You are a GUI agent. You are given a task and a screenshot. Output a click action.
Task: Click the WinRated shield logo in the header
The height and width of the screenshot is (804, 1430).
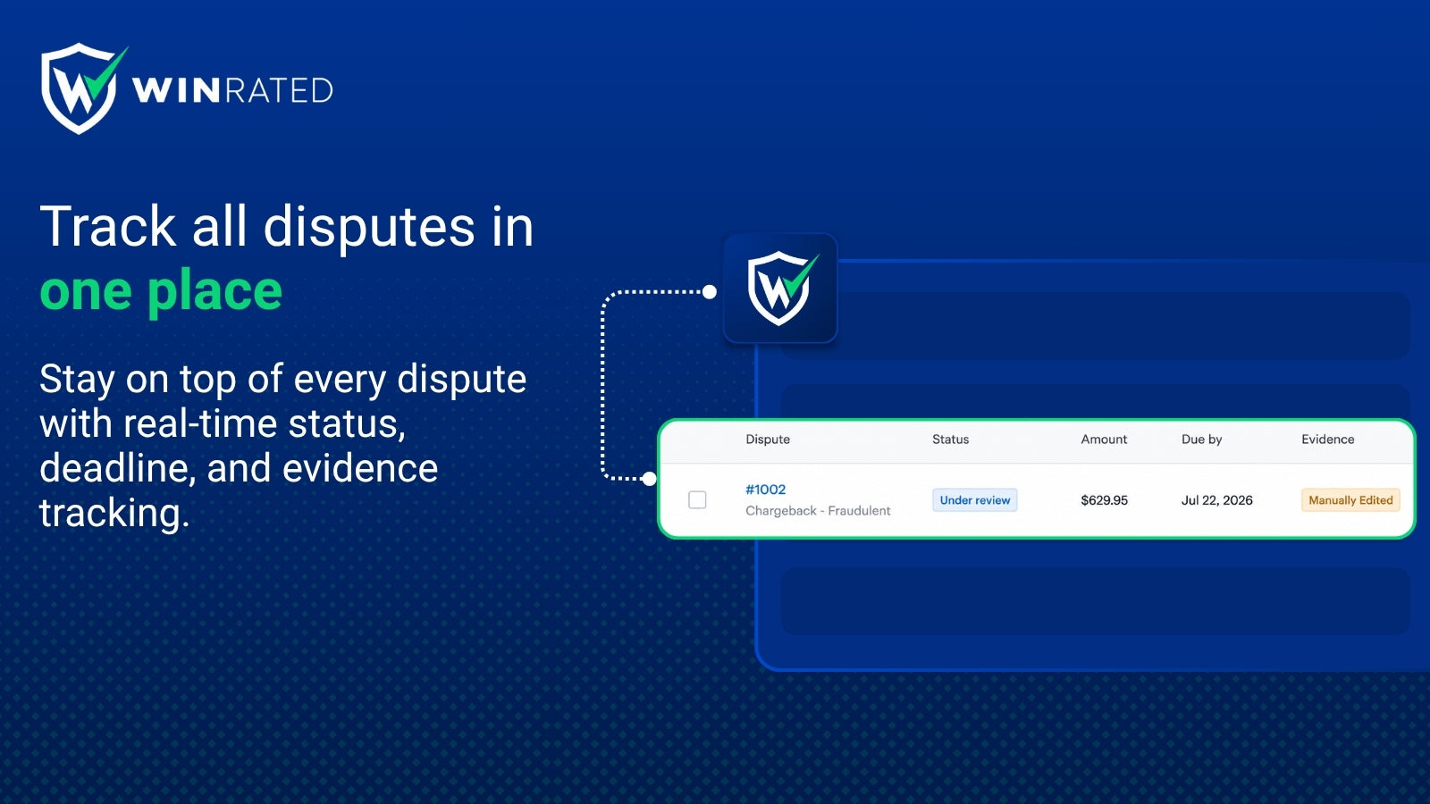pyautogui.click(x=81, y=88)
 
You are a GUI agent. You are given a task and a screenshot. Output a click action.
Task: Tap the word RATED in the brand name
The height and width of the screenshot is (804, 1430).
pyautogui.click(x=280, y=90)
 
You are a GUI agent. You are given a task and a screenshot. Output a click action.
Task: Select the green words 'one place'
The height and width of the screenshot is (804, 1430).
pyautogui.click(x=161, y=291)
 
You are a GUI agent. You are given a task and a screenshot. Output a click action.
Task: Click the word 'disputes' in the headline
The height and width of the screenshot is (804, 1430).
pyautogui.click(x=369, y=227)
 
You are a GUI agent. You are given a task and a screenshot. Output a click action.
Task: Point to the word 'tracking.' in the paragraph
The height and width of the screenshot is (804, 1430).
pyautogui.click(x=115, y=513)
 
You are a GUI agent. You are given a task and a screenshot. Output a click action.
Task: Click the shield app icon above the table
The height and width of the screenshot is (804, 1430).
pyautogui.click(x=780, y=289)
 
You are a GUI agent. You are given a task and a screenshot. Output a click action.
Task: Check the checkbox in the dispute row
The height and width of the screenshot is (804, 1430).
pyautogui.click(x=697, y=499)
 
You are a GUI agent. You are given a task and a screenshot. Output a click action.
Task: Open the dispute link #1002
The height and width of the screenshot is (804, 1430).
pyautogui.click(x=765, y=490)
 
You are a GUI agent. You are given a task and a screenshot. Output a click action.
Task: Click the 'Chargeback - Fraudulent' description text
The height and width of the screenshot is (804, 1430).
pyautogui.click(x=818, y=510)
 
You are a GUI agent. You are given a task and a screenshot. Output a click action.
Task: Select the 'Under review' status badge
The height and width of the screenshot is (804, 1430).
pyautogui.click(x=975, y=500)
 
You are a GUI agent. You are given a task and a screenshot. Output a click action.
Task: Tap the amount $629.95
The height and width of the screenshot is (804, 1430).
pyautogui.click(x=1104, y=500)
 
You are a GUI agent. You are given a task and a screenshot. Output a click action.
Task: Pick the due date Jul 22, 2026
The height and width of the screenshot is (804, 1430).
pyautogui.click(x=1216, y=500)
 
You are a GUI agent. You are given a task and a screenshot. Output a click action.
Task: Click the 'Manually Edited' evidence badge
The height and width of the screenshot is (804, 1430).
pyautogui.click(x=1350, y=500)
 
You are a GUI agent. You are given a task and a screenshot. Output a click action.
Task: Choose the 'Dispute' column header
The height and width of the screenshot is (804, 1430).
pyautogui.click(x=768, y=439)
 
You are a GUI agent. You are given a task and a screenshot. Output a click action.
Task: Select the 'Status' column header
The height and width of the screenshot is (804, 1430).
pyautogui.click(x=950, y=439)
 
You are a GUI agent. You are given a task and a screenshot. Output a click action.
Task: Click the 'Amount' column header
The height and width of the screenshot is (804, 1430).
pyautogui.click(x=1104, y=439)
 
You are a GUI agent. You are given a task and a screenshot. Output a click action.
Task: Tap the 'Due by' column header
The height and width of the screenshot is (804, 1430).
pyautogui.click(x=1201, y=439)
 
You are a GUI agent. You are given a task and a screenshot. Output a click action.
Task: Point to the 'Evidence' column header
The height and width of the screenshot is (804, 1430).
pyautogui.click(x=1328, y=439)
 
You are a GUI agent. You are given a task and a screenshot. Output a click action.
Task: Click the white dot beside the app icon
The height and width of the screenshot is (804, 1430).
pyautogui.click(x=710, y=292)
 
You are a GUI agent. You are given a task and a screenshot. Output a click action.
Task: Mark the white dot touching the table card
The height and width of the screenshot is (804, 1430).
pyautogui.click(x=649, y=479)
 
